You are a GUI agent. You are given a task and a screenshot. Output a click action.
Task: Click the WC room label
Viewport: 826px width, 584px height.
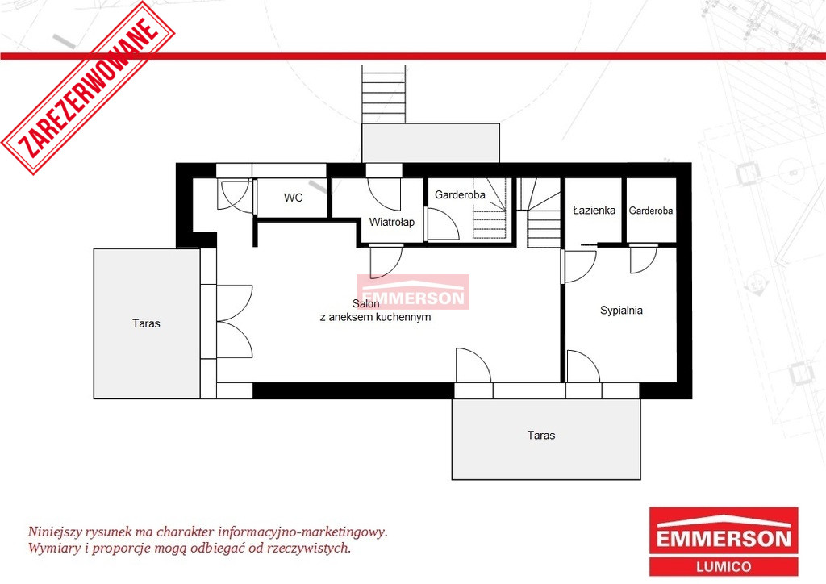tap(293, 198)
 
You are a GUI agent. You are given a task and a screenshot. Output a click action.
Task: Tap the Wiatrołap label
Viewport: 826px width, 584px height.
tap(391, 222)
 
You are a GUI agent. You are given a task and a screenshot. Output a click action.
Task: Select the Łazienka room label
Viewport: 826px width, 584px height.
tap(594, 210)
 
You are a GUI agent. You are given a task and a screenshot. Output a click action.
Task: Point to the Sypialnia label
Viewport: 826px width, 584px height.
tap(621, 311)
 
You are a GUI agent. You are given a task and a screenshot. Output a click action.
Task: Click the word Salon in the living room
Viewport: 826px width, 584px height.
tap(365, 303)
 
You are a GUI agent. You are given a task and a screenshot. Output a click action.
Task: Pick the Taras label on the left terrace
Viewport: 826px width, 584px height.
tap(146, 323)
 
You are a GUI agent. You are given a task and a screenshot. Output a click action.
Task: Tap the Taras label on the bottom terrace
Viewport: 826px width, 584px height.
tap(541, 435)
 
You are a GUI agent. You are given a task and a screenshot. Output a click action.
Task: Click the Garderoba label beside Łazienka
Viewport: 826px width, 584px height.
tap(651, 211)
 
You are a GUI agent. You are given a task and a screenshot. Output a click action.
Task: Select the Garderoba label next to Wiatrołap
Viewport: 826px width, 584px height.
tap(460, 195)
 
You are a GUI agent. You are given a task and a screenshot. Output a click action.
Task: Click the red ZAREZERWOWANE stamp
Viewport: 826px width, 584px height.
tap(89, 88)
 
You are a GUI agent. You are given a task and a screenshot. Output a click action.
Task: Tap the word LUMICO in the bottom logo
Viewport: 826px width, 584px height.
tap(724, 566)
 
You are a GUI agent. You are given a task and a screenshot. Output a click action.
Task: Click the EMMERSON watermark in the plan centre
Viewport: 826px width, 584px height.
tap(413, 292)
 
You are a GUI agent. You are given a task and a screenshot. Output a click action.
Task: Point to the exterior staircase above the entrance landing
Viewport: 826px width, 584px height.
tap(383, 94)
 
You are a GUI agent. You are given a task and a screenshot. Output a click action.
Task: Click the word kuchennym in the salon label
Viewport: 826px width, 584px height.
tap(407, 317)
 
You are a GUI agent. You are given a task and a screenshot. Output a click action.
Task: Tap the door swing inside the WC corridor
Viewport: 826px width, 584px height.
tap(235, 196)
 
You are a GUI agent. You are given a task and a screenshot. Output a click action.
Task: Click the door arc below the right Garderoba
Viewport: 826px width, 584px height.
tap(644, 260)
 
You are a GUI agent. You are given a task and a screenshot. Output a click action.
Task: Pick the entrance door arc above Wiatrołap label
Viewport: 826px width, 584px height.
tap(384, 194)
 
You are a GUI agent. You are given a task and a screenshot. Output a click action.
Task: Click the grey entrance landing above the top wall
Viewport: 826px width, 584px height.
tap(431, 144)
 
